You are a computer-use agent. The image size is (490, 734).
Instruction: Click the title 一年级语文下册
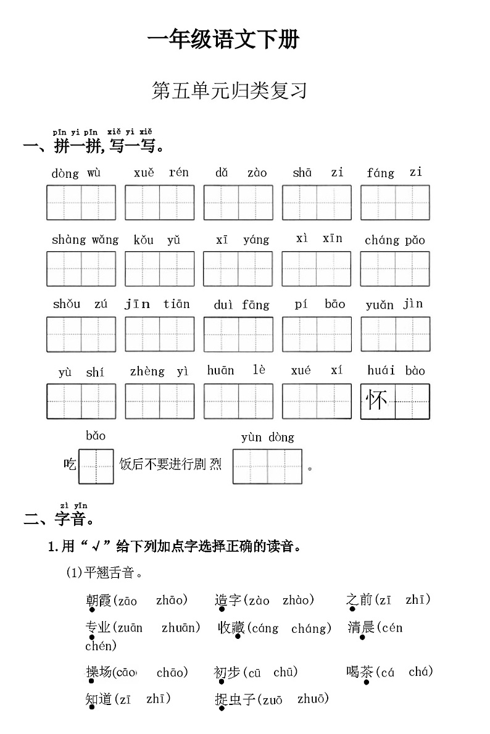223,40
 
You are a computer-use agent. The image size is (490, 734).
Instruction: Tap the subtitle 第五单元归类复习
229,91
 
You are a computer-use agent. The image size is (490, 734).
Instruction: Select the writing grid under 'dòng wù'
81,202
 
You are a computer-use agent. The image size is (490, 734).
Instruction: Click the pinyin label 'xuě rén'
161,173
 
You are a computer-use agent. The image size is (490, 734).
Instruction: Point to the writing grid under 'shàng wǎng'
81,269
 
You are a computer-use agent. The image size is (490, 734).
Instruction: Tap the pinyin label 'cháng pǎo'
395,240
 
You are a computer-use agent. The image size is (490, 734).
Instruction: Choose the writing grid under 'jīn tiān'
160,335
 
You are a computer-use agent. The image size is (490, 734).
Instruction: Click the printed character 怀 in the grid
377,401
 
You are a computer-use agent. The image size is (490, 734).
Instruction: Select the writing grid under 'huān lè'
238,401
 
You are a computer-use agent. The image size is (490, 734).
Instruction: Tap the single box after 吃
96,467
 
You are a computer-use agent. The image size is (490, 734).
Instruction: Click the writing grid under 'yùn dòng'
267,467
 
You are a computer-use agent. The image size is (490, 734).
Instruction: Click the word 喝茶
359,672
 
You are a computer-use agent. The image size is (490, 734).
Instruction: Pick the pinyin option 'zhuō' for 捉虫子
312,699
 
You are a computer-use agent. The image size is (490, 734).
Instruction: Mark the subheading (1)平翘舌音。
105,573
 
